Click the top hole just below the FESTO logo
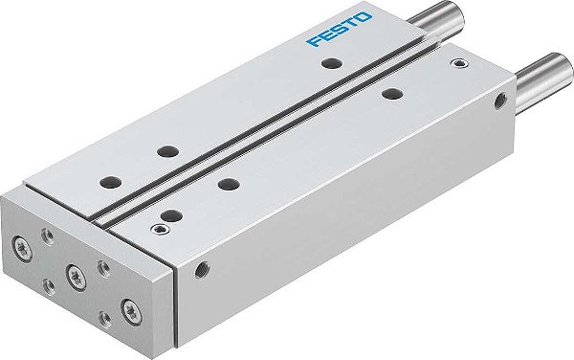pos(331,63)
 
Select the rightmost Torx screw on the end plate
pos(126,307)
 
